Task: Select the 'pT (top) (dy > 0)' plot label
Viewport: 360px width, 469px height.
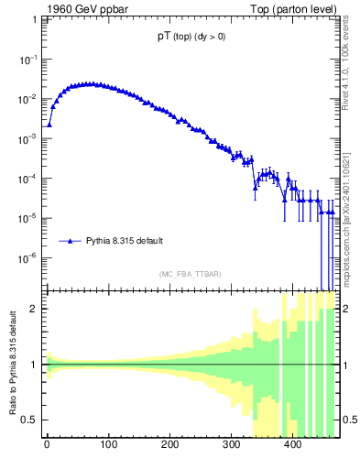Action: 191,38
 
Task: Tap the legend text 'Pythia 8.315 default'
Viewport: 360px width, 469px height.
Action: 125,242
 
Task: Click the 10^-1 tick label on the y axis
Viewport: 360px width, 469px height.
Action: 27,59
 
